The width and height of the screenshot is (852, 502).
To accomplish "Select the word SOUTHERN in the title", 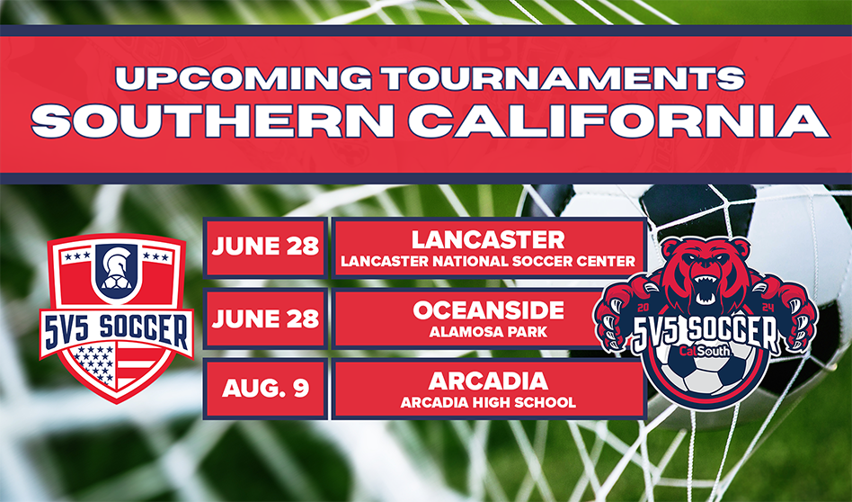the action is [212, 121].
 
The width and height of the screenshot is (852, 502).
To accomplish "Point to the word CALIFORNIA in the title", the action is [618, 121].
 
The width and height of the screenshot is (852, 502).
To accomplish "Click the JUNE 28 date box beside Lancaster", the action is [265, 247].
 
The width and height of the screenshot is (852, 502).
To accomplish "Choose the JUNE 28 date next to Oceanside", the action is [265, 318].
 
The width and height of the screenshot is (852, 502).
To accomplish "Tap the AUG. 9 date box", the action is [265, 389].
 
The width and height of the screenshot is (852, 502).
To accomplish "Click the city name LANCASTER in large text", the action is [488, 240].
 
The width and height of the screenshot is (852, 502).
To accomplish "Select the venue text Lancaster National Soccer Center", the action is [488, 262].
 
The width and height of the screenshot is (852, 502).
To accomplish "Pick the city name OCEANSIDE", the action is [488, 310].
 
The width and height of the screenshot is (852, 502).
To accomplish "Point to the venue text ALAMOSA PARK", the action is [488, 332].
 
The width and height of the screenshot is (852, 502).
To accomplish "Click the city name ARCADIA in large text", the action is [488, 381].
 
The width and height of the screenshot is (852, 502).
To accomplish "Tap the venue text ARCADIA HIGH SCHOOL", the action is [488, 402].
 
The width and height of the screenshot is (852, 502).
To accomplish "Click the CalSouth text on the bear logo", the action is [705, 351].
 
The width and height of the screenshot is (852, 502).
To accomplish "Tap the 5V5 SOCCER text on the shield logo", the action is [116, 328].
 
